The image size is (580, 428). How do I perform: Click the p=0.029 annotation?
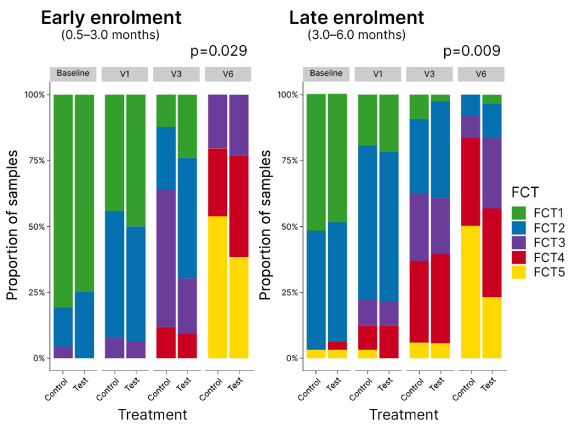[220, 51]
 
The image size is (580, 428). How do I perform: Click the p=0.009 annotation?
[471, 51]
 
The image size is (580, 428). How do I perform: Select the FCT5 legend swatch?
[520, 272]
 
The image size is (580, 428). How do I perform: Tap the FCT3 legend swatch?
[520, 242]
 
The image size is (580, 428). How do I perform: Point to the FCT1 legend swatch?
[520, 212]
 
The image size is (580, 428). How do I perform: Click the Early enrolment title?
[111, 17]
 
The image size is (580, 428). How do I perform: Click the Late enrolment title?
[357, 17]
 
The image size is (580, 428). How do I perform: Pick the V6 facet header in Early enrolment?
[228, 74]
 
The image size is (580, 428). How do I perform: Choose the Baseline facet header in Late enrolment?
[326, 74]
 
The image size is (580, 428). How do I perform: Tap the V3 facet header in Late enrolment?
[429, 74]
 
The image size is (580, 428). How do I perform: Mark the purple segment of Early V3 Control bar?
[166, 258]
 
